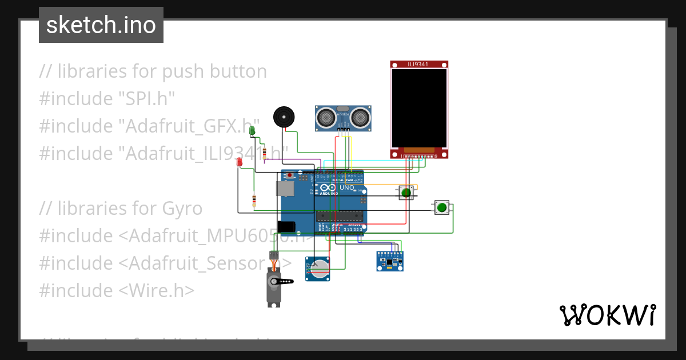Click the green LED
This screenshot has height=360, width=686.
(x=252, y=131)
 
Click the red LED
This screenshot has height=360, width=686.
(x=240, y=162)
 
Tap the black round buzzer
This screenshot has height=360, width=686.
(x=283, y=117)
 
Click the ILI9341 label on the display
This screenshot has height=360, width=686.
(x=419, y=65)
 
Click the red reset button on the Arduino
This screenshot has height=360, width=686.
(x=290, y=175)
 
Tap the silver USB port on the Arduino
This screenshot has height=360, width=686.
(x=284, y=189)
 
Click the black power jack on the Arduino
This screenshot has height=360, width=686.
(x=286, y=227)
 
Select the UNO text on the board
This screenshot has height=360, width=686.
(x=347, y=187)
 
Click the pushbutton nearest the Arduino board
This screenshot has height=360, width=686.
(x=406, y=193)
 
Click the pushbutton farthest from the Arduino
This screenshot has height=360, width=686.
(x=441, y=208)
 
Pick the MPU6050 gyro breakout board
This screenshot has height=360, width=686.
(x=390, y=261)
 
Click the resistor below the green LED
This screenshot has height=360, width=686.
(x=264, y=153)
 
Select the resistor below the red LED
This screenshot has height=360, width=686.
(x=254, y=201)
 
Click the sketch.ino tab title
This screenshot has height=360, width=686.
(x=101, y=25)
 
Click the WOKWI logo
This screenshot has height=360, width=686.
(x=607, y=315)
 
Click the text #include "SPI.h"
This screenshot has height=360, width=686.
(x=107, y=99)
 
